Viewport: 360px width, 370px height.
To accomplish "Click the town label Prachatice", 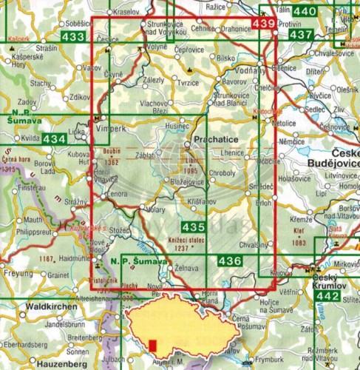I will pos(214,138).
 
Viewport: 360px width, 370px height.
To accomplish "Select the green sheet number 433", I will pos(73,36).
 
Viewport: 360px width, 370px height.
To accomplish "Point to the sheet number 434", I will pos(53,138).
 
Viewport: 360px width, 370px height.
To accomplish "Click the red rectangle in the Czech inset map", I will pos(153,346).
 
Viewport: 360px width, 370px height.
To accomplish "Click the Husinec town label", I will pos(177,127).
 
